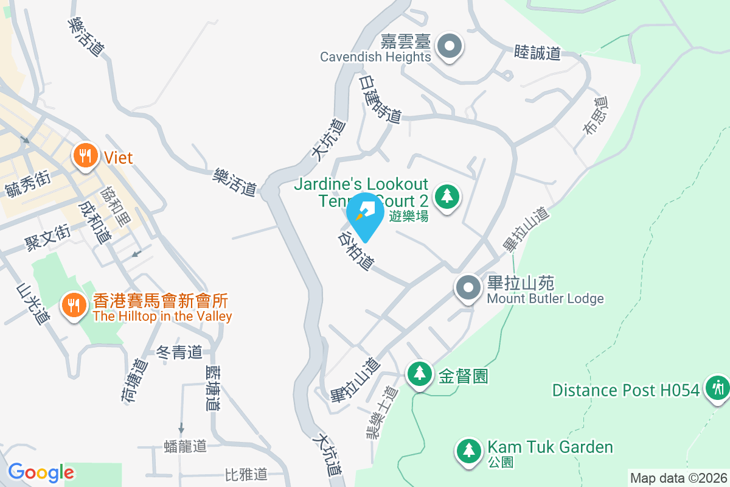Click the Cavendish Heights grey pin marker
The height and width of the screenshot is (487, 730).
(x=451, y=46)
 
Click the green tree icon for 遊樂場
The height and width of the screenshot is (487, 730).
(x=448, y=195)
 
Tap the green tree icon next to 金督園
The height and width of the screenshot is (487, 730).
(x=419, y=374)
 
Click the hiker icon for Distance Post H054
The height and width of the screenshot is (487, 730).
(x=717, y=387)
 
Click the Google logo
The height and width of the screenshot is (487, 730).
(x=41, y=472)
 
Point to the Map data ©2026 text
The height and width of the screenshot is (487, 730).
(x=678, y=478)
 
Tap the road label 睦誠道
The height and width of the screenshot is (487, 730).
(x=537, y=52)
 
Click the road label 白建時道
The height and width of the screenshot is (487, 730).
(x=380, y=99)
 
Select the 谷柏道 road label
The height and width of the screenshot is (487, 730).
(x=356, y=250)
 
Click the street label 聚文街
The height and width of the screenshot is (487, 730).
(x=47, y=238)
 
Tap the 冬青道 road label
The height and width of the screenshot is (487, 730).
(x=179, y=352)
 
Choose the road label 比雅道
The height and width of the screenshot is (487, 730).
(x=246, y=473)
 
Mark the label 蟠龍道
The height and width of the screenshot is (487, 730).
(x=186, y=446)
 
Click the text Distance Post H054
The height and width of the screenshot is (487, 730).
(x=626, y=390)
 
